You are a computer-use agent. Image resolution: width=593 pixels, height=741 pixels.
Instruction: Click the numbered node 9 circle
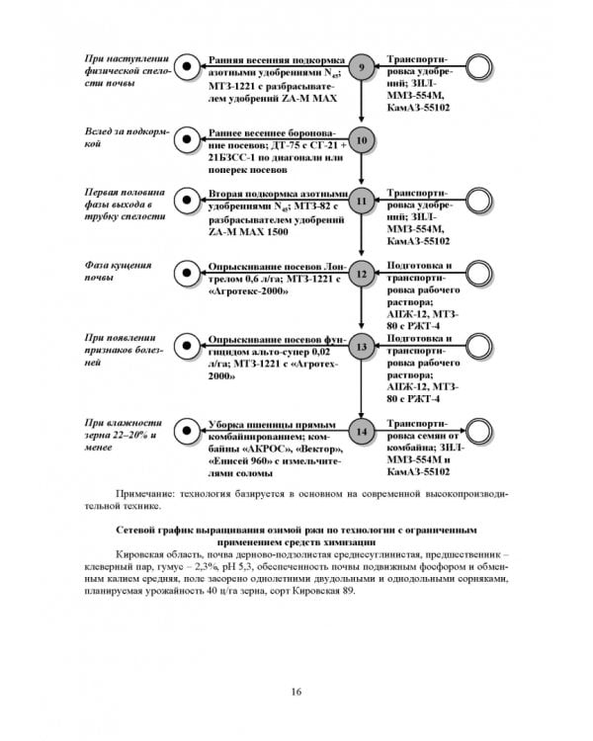361,67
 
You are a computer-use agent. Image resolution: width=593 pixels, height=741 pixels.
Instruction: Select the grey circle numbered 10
361,141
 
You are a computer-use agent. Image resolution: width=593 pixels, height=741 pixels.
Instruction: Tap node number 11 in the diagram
361,201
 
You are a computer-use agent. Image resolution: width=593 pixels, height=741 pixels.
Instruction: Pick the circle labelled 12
361,275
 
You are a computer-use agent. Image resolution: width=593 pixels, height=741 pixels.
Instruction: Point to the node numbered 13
361,348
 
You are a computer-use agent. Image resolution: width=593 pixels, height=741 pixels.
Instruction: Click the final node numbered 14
361,432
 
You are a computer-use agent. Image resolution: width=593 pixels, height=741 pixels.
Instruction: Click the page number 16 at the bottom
296,692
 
